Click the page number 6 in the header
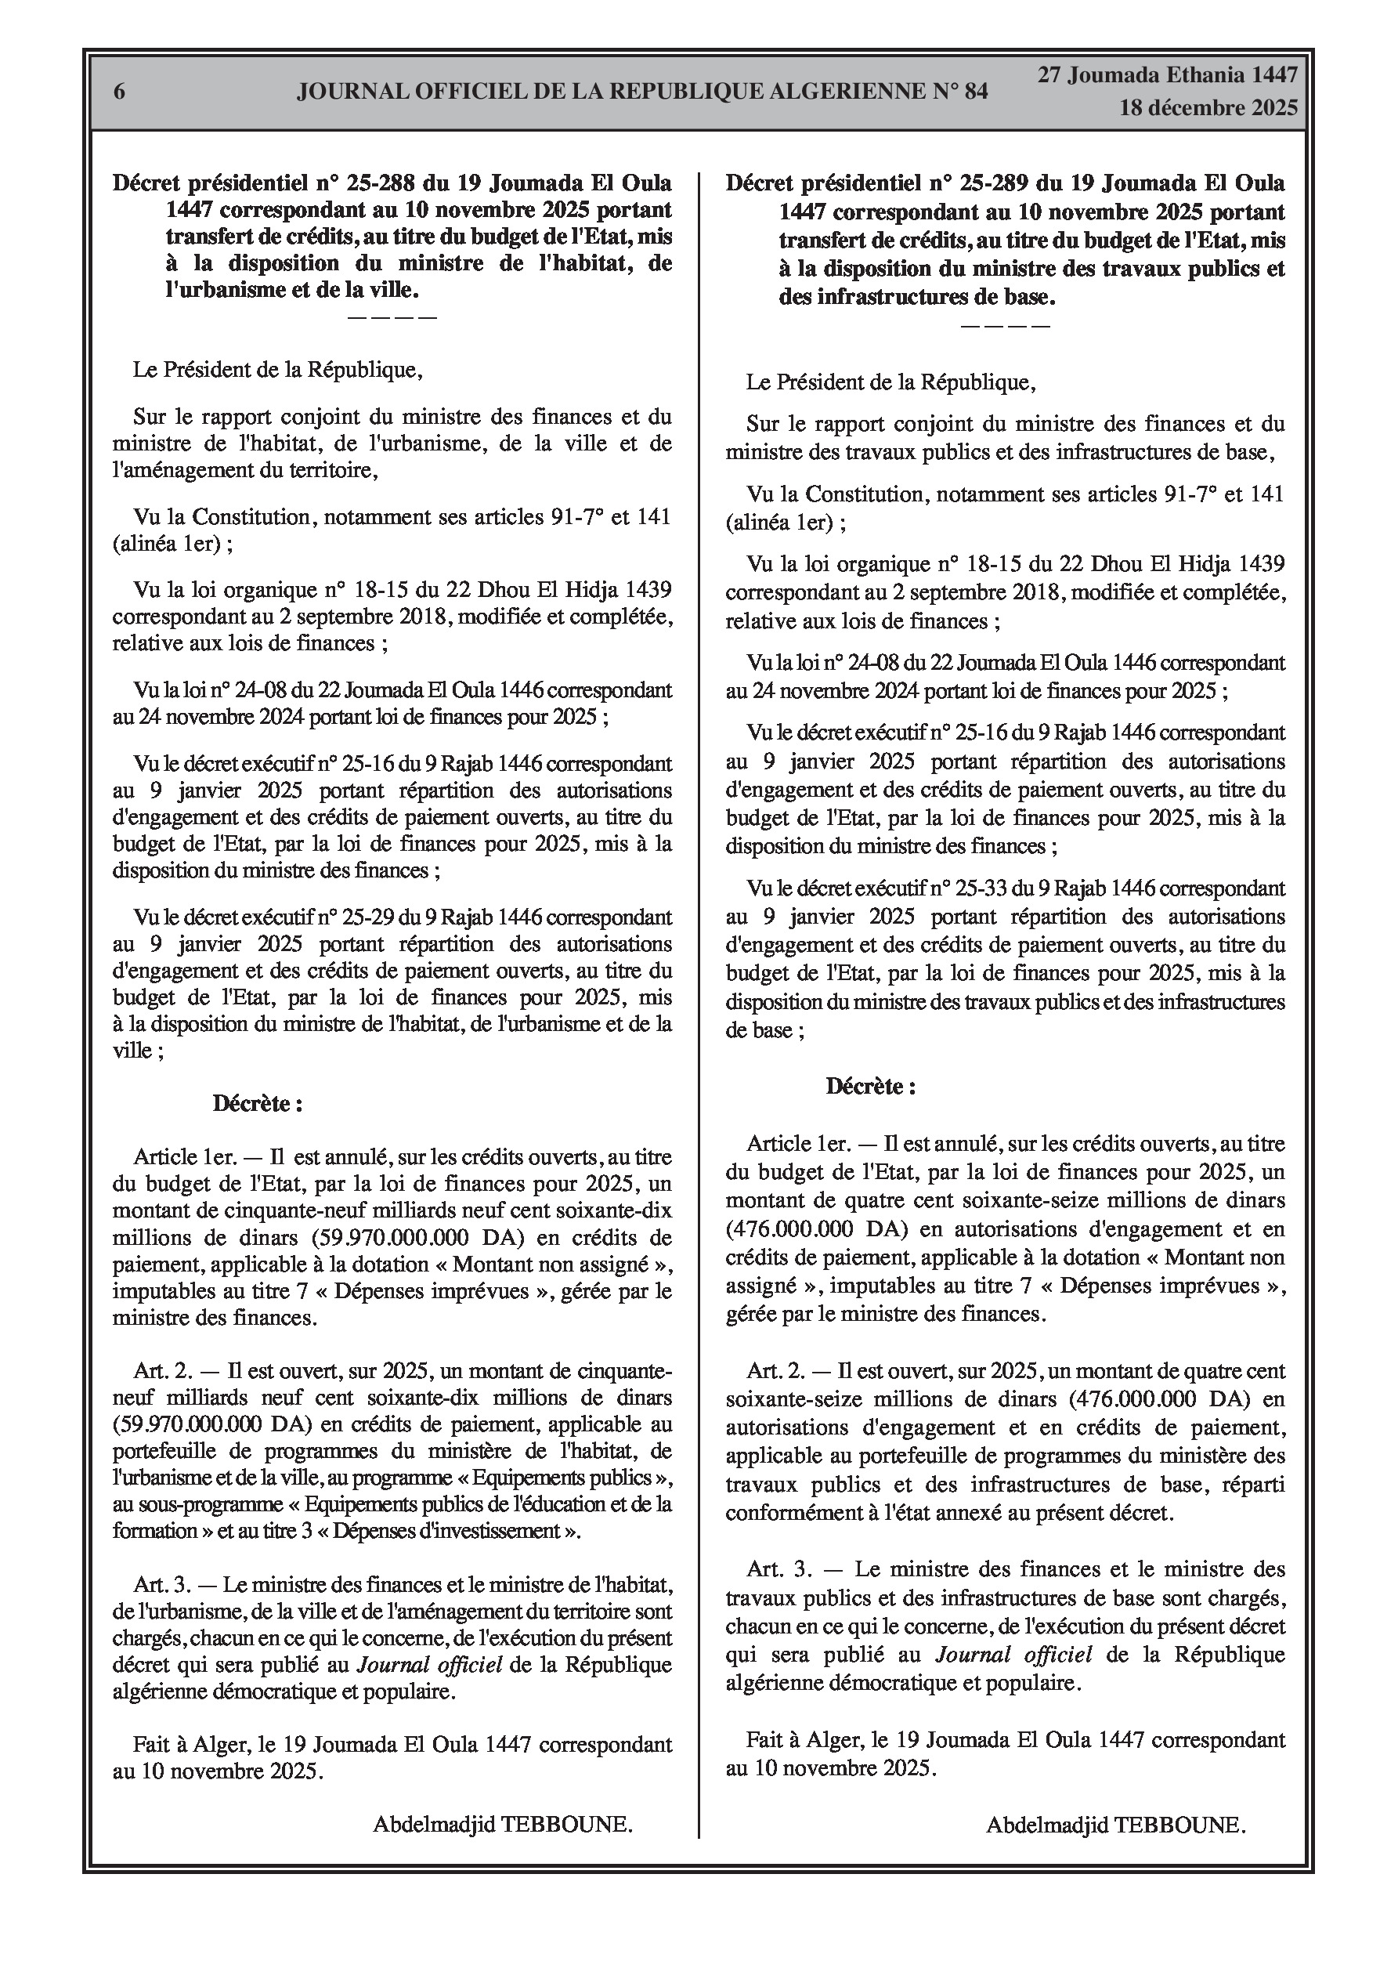(x=119, y=92)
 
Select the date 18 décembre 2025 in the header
(x=1208, y=109)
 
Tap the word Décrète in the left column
(x=252, y=1103)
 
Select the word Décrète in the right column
(x=865, y=1085)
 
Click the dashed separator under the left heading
(x=392, y=317)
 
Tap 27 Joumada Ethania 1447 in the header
(x=1167, y=75)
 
